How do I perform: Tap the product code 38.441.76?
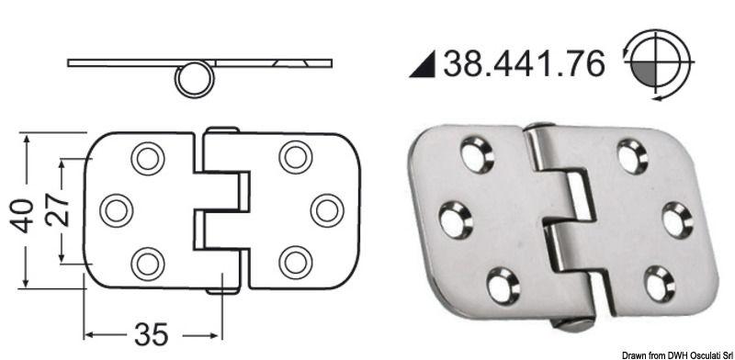pyautogui.click(x=525, y=63)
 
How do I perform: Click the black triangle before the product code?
pyautogui.click(x=424, y=64)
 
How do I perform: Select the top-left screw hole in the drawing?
pyautogui.click(x=147, y=158)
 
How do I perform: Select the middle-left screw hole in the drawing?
pyautogui.click(x=116, y=210)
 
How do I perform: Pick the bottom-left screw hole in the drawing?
pyautogui.click(x=147, y=264)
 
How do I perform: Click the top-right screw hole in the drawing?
pyautogui.click(x=296, y=157)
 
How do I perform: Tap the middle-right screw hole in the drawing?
pyautogui.click(x=327, y=210)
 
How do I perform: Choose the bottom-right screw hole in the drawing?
pyautogui.click(x=296, y=264)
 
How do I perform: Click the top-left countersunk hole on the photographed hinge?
pyautogui.click(x=477, y=154)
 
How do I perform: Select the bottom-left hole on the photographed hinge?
pyautogui.click(x=503, y=285)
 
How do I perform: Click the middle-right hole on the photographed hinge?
pyautogui.click(x=677, y=219)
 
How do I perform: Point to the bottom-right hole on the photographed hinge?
pyautogui.click(x=659, y=283)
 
